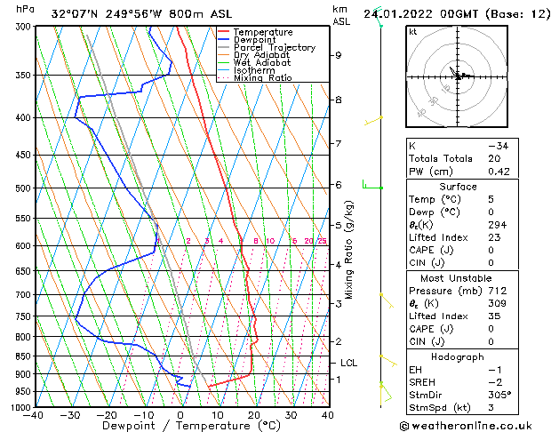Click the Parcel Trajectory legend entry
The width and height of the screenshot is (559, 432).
pyautogui.click(x=274, y=47)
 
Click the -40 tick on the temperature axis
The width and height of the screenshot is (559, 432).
pyautogui.click(x=34, y=414)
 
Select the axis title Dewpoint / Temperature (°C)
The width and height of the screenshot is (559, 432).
pyautogui.click(x=180, y=426)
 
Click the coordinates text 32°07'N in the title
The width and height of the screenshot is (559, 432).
pyautogui.click(x=74, y=13)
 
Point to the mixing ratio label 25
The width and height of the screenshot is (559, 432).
pyautogui.click(x=322, y=241)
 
